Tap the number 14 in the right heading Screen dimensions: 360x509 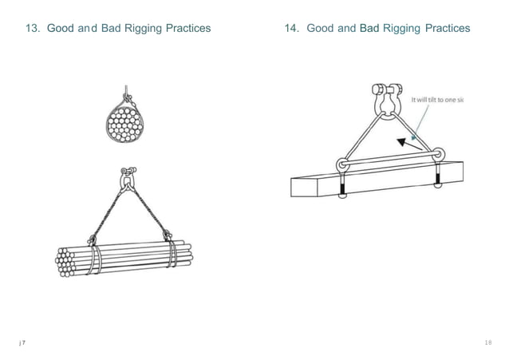[x=292, y=29]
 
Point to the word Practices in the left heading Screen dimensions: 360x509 [x=185, y=29]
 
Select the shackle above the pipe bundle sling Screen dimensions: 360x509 [x=127, y=179]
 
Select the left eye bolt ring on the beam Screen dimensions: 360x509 [x=343, y=164]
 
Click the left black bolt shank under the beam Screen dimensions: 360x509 [x=344, y=192]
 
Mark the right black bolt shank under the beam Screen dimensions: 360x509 [x=436, y=181]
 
